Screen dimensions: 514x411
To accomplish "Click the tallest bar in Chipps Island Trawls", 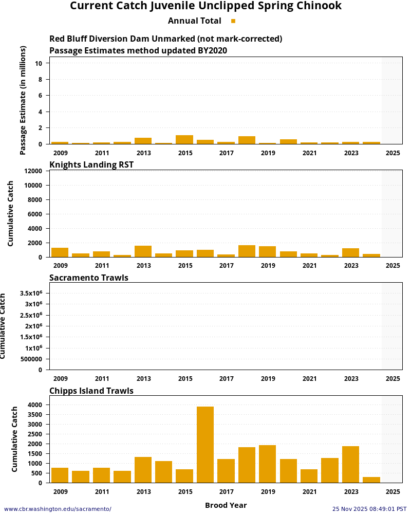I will point(205,445).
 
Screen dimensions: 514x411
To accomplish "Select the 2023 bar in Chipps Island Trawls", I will point(350,464).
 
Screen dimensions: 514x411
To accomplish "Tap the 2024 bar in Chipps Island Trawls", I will point(371,480).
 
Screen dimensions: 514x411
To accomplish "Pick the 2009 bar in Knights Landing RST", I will point(60,252).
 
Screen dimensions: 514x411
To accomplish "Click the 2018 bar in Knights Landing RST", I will point(247,251).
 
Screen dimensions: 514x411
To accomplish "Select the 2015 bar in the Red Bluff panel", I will point(184,139).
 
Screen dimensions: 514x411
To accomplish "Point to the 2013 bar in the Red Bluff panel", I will point(143,141).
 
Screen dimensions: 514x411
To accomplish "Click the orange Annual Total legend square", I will point(233,21).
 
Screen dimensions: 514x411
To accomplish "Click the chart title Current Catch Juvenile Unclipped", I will point(206,6).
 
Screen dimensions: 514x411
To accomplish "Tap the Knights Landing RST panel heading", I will point(91,164).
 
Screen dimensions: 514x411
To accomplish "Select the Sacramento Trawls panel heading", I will point(89,278).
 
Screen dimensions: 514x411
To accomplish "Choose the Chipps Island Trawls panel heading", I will point(91,391).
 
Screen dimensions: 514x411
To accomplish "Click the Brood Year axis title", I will point(226,505).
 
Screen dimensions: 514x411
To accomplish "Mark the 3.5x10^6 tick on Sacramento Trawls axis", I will point(30,293).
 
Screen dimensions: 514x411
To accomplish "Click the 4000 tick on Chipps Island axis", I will point(35,405).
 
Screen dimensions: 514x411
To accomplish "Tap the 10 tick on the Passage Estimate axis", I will point(39,63).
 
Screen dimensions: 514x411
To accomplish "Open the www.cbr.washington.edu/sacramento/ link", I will point(58,509).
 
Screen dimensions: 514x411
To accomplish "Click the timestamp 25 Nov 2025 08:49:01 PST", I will point(369,509).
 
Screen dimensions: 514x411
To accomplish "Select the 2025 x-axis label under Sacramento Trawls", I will point(393,379).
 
